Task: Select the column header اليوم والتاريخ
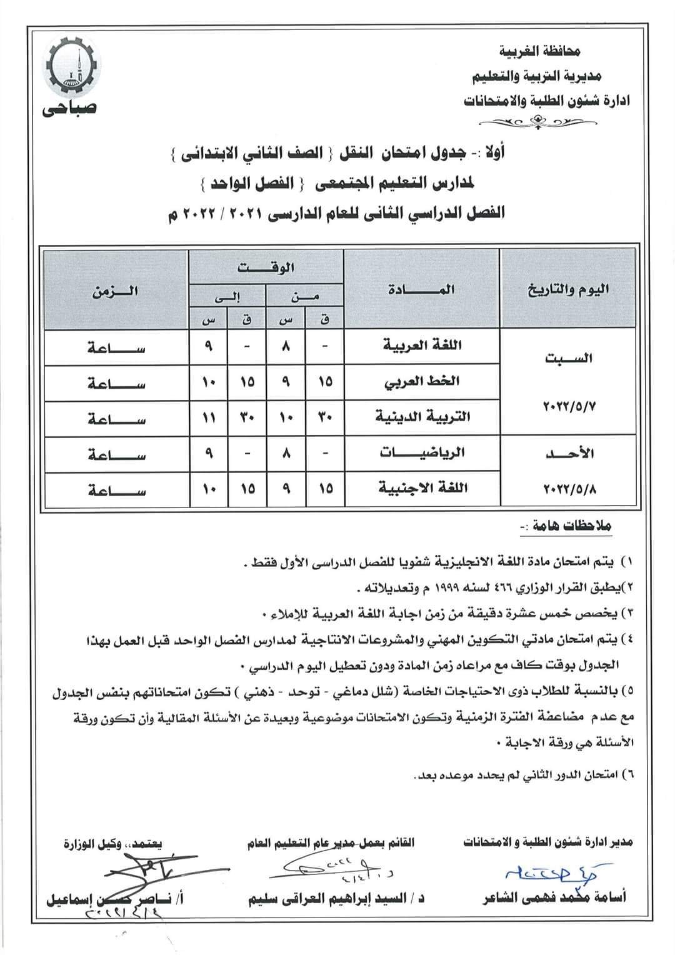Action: coord(568,289)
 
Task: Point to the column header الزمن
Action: coord(115,291)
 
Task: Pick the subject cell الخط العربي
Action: coord(424,381)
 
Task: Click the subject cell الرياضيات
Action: coord(422,453)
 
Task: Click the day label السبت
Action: coord(568,358)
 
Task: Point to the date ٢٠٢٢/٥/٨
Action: coord(567,488)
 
